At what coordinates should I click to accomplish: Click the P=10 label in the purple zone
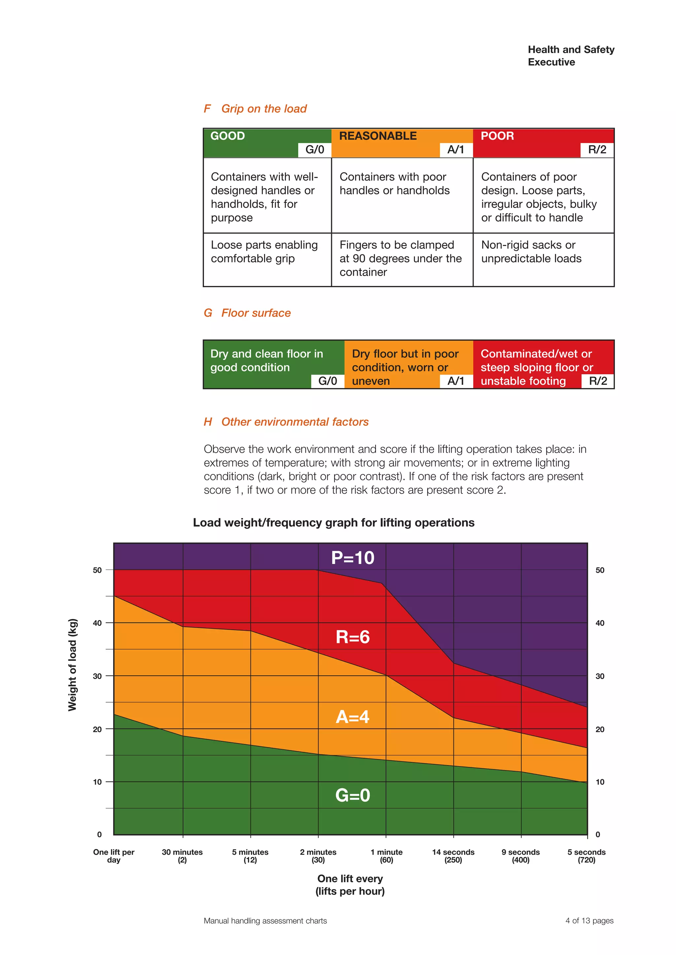pos(353,558)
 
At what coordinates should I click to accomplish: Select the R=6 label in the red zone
pos(353,637)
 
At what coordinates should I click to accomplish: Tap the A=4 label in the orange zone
pos(353,717)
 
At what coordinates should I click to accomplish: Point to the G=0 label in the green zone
pos(353,795)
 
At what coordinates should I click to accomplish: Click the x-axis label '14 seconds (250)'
pos(453,856)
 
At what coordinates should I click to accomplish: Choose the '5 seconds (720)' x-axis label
pos(587,856)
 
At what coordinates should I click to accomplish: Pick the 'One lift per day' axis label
pos(114,856)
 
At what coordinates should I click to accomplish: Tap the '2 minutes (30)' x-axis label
pos(319,856)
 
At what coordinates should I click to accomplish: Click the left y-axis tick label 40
pos(97,623)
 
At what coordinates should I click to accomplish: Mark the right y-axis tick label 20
pos(600,729)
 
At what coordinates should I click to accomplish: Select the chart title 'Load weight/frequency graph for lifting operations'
pos(333,522)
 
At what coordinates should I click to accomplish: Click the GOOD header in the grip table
pos(228,136)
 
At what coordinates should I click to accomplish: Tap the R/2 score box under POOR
pos(597,150)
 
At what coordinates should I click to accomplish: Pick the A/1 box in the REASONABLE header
pos(456,150)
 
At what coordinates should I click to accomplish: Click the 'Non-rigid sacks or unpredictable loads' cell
pos(531,252)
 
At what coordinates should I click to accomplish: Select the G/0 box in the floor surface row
pos(327,381)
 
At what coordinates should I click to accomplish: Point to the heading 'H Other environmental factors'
pos(287,422)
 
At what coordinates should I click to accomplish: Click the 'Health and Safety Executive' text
pos(571,56)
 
